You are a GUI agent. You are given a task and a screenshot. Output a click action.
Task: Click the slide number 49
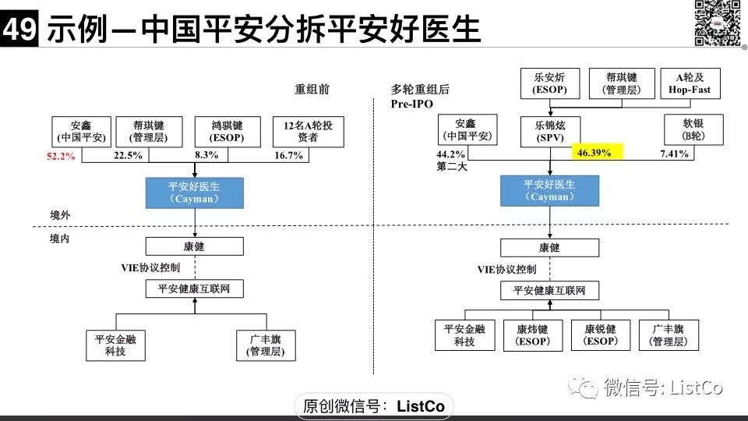point(19,30)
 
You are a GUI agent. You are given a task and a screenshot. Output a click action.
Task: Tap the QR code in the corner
point(717,23)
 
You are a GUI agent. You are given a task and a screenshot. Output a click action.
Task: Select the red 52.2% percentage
point(60,156)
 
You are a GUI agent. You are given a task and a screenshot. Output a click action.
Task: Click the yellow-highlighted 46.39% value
point(594,153)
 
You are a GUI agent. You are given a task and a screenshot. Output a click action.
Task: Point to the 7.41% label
point(674,154)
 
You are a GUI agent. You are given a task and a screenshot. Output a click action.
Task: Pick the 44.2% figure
point(450,154)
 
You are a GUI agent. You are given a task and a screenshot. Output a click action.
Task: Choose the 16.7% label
point(289,156)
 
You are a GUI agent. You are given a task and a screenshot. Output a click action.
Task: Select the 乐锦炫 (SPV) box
point(550,130)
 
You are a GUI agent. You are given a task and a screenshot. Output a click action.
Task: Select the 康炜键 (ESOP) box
point(532,335)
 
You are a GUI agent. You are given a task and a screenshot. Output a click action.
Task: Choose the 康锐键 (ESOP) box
point(600,335)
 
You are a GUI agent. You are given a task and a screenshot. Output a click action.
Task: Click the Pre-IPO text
point(412,104)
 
